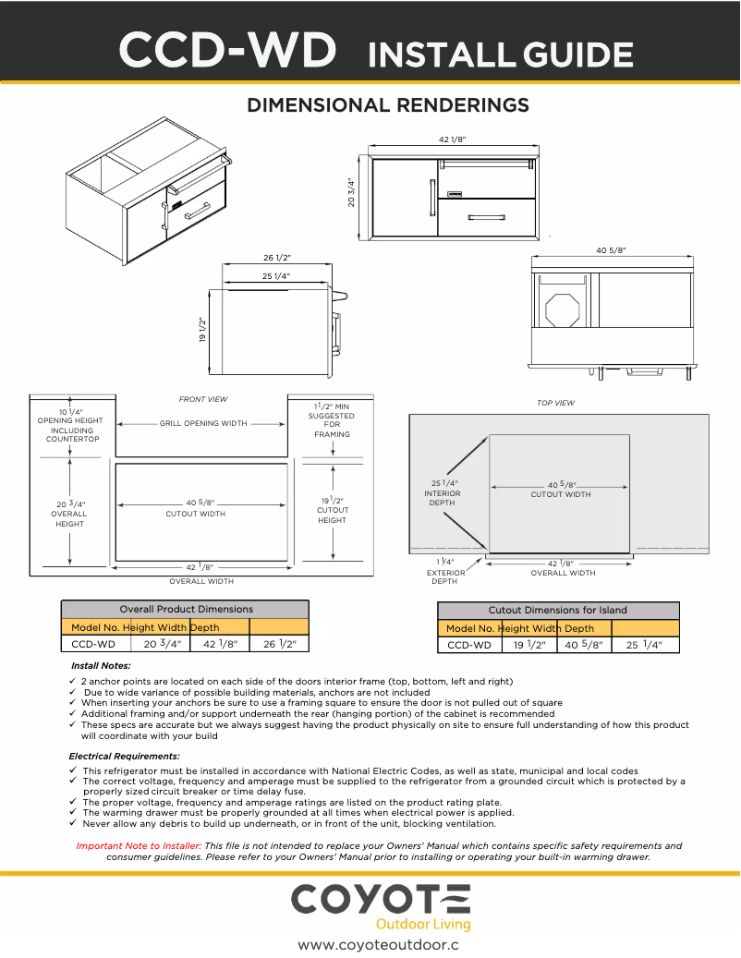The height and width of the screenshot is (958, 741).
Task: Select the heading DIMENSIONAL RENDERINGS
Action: coord(388,105)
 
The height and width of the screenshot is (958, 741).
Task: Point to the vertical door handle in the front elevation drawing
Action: coord(431,198)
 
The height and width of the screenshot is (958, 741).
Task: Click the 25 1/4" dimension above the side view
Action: coord(275,276)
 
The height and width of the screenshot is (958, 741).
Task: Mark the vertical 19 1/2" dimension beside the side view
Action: coord(201,331)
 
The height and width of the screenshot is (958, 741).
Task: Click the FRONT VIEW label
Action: coord(202,399)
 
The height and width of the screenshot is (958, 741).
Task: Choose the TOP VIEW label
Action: coord(555,403)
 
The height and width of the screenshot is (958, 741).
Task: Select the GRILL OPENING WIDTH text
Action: coord(203,424)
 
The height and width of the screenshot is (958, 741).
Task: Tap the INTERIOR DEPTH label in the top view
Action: coord(443,493)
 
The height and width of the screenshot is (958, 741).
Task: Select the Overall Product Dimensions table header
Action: coord(186,610)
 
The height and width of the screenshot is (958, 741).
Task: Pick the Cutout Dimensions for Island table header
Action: coord(557,610)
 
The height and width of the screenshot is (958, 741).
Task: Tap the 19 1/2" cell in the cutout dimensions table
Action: coord(529,645)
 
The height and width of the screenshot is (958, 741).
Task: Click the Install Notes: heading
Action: coord(101,666)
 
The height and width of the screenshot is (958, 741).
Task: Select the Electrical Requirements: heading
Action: coord(124,757)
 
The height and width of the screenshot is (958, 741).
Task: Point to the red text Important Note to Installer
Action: coord(139,845)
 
